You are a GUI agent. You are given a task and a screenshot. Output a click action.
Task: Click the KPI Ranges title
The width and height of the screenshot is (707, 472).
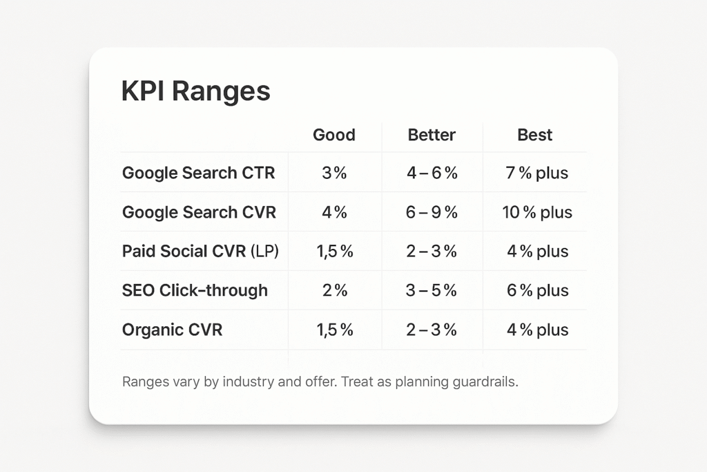195,92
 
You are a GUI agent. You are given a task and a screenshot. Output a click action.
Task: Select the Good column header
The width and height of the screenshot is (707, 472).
334,135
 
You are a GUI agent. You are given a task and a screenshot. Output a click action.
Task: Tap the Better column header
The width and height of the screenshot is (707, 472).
432,135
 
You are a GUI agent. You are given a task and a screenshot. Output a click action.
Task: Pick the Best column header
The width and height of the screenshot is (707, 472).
535,135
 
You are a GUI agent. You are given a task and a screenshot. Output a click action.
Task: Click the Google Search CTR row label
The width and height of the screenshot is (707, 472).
198,173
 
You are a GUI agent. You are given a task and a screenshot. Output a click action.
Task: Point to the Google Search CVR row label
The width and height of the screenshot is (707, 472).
199,212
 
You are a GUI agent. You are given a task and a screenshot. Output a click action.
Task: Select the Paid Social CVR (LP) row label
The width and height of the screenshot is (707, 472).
200,252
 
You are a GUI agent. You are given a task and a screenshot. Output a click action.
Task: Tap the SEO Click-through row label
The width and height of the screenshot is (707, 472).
195,290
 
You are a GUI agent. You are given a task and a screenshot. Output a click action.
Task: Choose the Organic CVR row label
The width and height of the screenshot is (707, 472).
172,330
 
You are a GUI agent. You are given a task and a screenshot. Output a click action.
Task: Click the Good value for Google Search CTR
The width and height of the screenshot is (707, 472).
334,173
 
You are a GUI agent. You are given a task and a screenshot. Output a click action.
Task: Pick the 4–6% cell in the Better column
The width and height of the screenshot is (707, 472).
432,173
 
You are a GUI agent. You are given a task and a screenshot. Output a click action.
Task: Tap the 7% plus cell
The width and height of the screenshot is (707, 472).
536,173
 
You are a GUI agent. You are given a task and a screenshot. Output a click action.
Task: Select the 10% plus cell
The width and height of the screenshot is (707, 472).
537,213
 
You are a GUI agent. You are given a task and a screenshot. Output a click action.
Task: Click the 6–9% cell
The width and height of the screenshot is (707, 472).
432,212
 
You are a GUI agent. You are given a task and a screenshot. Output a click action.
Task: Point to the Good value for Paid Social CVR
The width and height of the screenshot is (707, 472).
335,252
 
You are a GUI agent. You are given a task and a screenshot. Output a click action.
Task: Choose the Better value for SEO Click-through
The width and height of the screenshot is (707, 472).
431,290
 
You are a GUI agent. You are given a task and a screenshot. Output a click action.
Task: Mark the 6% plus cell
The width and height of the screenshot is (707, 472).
537,291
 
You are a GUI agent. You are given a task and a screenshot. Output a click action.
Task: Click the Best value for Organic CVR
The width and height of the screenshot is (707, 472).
537,330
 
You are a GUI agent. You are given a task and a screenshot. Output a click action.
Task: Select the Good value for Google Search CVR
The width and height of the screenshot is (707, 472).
334,212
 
